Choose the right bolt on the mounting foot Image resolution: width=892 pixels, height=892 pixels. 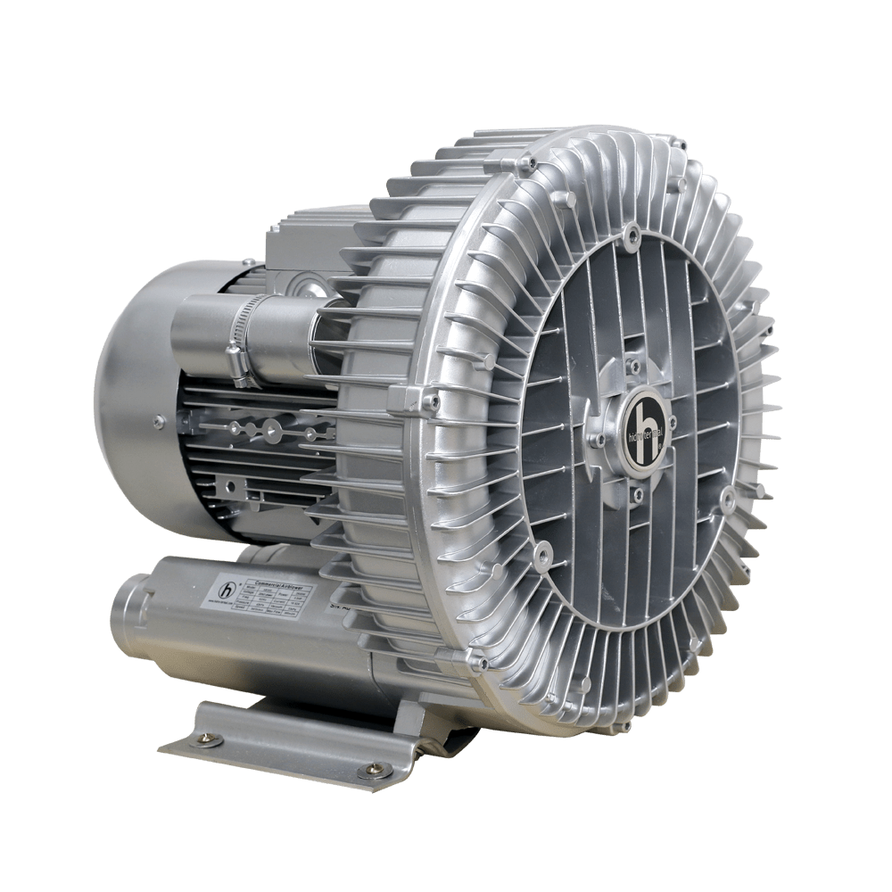pyautogui.click(x=367, y=770)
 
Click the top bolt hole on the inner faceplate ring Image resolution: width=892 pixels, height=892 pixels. pyautogui.click(x=631, y=236)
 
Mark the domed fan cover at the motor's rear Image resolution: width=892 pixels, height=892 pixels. pyautogui.click(x=134, y=401)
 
